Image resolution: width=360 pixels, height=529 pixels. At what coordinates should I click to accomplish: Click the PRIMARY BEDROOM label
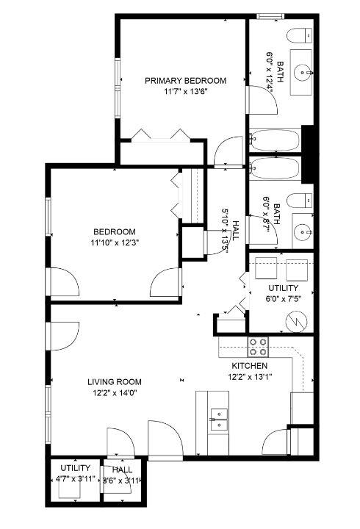click(185, 81)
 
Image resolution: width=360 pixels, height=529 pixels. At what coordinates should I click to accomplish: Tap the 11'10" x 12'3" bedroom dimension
click(113, 242)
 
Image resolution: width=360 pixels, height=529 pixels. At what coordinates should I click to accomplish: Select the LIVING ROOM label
click(115, 381)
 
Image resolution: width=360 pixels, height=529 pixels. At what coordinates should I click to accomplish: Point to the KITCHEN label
click(250, 366)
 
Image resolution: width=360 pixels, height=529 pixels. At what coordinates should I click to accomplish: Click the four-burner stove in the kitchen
click(257, 345)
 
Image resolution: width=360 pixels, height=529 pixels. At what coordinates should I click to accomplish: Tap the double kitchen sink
click(218, 420)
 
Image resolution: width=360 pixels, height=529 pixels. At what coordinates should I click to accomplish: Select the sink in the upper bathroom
click(301, 72)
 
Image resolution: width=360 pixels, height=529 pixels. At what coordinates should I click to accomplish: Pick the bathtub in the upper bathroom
click(275, 140)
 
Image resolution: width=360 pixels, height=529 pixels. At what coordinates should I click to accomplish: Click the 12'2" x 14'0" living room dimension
click(114, 392)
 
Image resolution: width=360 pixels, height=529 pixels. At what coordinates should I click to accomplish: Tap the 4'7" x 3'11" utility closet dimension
click(76, 479)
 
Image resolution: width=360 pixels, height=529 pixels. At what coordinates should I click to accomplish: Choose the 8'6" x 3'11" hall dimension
click(122, 480)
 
